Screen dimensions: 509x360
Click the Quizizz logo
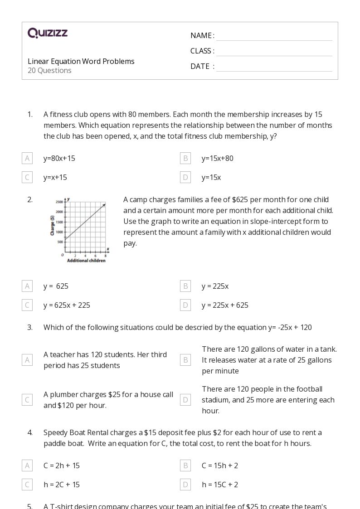[x=48, y=33]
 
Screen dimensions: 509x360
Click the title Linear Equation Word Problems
[x=81, y=61]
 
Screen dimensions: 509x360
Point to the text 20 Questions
[x=49, y=70]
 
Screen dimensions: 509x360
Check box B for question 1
[x=185, y=158]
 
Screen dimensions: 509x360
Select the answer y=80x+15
[x=59, y=158]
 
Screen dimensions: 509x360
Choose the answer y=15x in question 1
[x=211, y=177]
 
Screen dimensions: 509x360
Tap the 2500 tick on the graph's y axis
[x=59, y=202]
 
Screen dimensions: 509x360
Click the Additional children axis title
[x=86, y=261]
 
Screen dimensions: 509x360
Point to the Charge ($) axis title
[x=53, y=225]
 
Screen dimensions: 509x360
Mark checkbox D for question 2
[x=185, y=305]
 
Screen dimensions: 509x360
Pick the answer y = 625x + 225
[x=67, y=305]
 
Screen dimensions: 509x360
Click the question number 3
[x=30, y=327]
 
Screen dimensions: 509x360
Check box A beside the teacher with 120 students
[x=27, y=360]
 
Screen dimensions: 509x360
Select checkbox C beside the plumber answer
[x=27, y=400]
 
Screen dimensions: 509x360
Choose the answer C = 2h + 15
[x=62, y=465]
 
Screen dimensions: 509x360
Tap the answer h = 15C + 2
[x=220, y=485]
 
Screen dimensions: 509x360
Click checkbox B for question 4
[x=185, y=465]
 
